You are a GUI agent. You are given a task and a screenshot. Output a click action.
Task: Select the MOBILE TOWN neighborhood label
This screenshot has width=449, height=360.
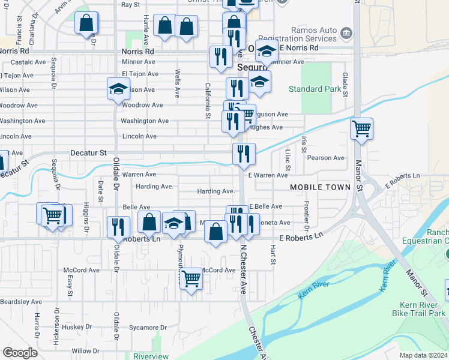(x=320, y=187)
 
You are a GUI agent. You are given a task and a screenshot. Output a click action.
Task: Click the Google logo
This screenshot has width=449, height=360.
(x=20, y=352)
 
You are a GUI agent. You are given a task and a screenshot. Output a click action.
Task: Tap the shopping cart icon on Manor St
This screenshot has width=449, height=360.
(x=361, y=128)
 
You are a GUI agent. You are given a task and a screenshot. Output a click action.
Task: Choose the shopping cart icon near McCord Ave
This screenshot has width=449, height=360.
(x=191, y=277)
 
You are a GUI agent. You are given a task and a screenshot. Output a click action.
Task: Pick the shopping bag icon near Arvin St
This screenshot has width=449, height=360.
(x=86, y=22)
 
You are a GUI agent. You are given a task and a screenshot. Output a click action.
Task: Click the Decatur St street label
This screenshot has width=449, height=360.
(x=88, y=153)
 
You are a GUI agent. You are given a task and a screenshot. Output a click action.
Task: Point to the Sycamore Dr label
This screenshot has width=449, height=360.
(x=148, y=328)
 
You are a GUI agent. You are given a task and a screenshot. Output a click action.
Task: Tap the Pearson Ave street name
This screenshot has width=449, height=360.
(x=325, y=158)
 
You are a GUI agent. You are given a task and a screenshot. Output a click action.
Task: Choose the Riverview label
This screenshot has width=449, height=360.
(x=151, y=356)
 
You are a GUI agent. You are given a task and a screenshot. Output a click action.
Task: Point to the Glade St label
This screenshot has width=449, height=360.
(x=345, y=83)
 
